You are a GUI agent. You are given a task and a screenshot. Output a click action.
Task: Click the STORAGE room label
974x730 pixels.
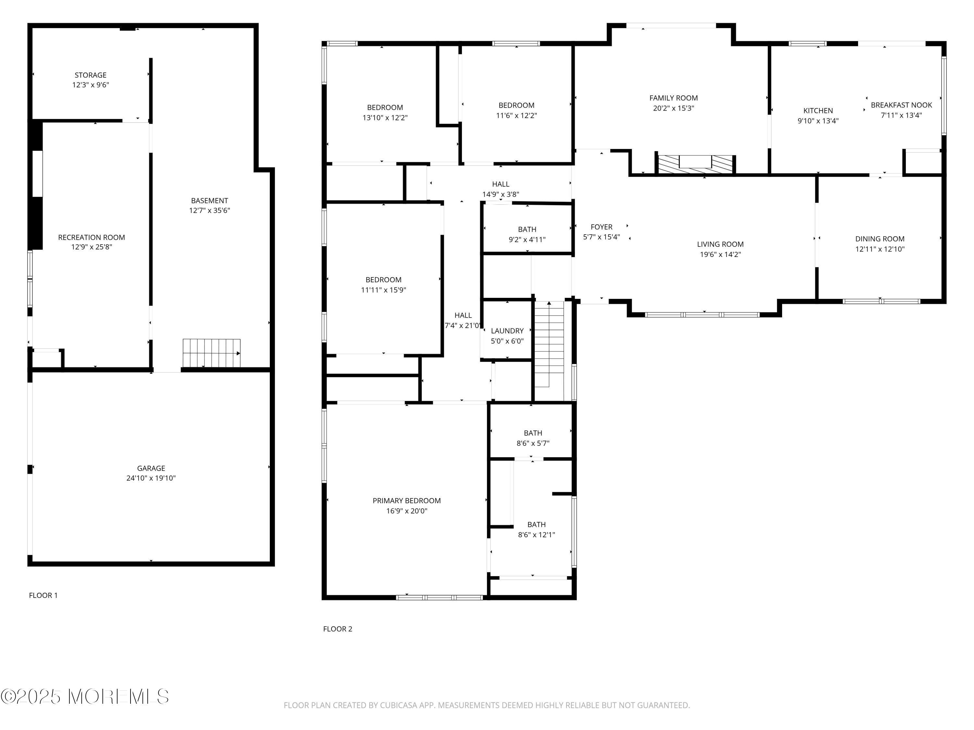(90, 75)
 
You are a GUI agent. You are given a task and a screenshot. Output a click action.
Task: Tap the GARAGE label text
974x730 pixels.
(151, 468)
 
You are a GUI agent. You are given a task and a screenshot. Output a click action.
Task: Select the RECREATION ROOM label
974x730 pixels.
(92, 237)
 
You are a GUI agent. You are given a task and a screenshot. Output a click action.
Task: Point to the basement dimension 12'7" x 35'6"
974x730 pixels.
(210, 210)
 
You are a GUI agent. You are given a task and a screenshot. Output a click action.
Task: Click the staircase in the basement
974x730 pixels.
(212, 353)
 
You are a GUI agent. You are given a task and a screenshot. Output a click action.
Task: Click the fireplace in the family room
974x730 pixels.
(695, 164)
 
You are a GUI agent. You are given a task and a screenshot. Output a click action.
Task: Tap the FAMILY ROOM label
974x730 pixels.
(674, 98)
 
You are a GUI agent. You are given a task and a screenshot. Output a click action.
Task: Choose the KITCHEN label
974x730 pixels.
(818, 111)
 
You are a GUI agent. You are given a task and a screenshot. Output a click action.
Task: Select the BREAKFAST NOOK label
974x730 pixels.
(901, 105)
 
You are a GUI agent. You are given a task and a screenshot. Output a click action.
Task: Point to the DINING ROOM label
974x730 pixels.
(880, 239)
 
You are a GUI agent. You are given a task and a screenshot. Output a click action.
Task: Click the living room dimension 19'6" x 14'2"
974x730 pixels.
(720, 254)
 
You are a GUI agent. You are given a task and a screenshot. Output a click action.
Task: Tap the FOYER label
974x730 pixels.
(602, 227)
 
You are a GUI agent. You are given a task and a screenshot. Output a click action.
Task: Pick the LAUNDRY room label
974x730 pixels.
(507, 331)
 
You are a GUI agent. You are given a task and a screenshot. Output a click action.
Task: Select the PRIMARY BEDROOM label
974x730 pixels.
(406, 501)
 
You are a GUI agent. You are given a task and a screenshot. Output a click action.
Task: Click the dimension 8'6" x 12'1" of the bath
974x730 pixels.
(536, 535)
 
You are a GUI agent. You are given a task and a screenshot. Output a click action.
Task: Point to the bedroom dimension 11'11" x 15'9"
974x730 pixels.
(383, 290)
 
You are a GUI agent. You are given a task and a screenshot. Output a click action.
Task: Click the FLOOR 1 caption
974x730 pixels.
(43, 595)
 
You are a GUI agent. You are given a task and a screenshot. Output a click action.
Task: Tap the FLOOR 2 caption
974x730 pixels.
(338, 629)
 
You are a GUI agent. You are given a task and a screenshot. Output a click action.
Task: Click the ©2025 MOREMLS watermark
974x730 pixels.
(84, 697)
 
